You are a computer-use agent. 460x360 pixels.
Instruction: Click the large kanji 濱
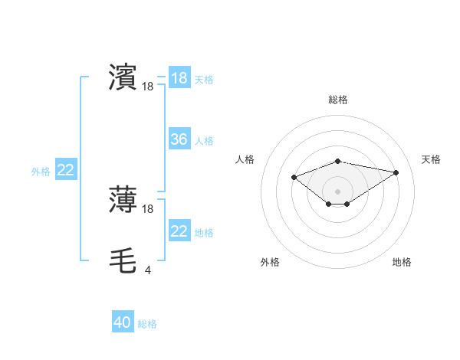pos(123,77)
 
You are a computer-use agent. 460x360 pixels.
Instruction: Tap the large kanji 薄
pos(123,200)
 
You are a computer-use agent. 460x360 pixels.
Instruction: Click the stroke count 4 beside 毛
pos(147,270)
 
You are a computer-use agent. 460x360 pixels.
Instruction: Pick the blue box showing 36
pos(179,139)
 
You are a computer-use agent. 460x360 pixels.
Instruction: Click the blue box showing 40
pos(123,322)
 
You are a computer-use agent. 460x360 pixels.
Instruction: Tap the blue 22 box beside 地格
pos(179,231)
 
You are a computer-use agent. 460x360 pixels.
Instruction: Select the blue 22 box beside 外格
pos(66,170)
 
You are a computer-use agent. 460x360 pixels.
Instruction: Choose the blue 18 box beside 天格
pos(179,78)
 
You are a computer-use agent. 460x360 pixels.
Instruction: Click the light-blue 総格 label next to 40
pos(147,324)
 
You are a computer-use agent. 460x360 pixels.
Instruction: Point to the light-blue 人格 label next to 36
pos(204,141)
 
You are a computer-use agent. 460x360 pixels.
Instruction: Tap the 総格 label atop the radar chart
pos(338,100)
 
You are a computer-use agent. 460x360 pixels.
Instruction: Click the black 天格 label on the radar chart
pos(431,159)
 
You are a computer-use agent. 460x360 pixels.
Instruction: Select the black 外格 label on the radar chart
pos(270,262)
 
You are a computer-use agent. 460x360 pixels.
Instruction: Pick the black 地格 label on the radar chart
pos(402,262)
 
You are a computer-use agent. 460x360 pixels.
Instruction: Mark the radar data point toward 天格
pos(396,172)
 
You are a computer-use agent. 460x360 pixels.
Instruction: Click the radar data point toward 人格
pos(294,177)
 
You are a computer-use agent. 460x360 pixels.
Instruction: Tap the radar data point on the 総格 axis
pos(338,161)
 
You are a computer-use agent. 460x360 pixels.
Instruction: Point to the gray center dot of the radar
pos(338,191)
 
